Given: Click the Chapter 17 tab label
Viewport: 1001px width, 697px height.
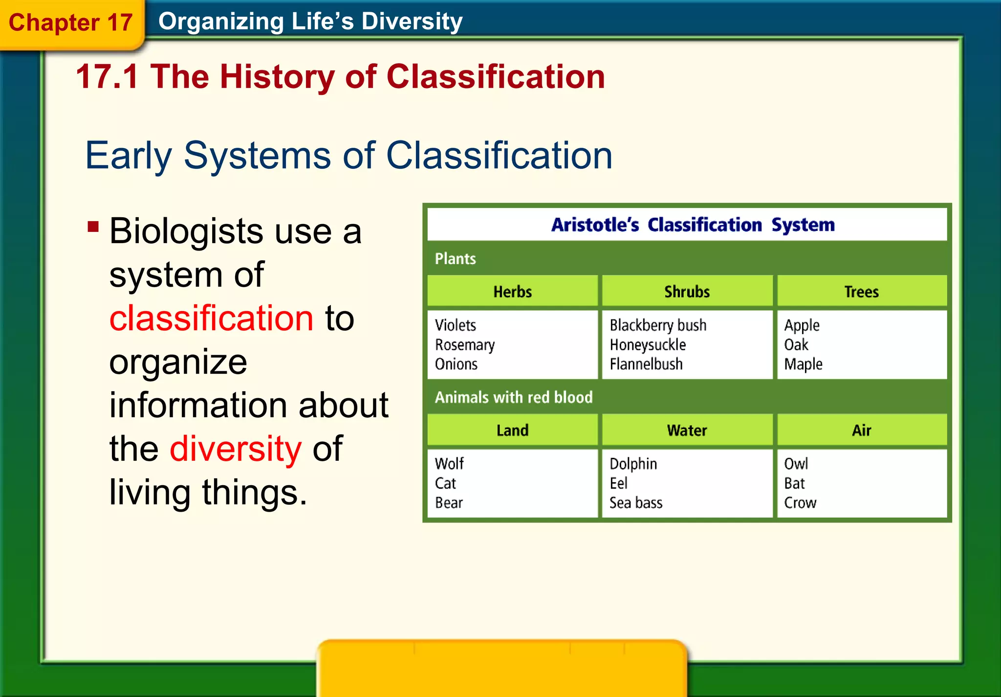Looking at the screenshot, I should point(70,22).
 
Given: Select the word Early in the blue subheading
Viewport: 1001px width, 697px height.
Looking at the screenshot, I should point(128,156).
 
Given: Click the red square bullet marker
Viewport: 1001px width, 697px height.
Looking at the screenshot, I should point(93,226).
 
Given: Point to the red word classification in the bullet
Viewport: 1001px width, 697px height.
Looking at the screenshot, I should point(211,318).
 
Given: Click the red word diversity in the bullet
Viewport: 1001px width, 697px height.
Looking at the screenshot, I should point(236,449).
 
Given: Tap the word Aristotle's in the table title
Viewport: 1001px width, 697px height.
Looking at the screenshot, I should point(595,225).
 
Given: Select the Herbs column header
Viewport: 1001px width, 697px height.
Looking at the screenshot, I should point(512,292).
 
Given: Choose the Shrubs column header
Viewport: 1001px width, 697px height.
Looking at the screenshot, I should point(687,292).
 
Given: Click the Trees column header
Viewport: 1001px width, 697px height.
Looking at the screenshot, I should point(861,292).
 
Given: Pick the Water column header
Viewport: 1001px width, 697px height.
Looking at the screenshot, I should point(687,430).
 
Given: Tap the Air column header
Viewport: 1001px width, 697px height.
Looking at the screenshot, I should point(861,430).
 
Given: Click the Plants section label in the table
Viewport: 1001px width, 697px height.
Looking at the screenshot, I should point(455,259).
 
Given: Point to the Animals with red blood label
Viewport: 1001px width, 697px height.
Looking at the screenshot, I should point(513,397).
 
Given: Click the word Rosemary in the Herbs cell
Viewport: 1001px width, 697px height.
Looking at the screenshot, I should point(464,345).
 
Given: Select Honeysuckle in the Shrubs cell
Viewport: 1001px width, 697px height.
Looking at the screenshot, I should point(648,345).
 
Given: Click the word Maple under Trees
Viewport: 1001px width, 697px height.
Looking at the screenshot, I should point(803,364).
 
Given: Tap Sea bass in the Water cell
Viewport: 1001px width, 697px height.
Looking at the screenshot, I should point(635,503).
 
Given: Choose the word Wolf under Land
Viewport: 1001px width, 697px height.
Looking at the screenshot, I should point(449,464).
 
